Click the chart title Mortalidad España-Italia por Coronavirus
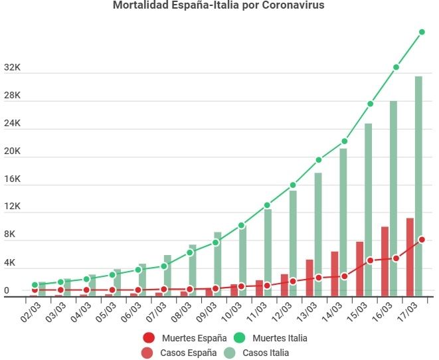point(219,6)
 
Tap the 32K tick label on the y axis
point(12,68)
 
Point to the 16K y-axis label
point(12,179)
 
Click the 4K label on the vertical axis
point(9,263)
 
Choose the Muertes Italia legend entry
point(272,338)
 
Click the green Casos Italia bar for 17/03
point(418,186)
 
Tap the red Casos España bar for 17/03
point(410,256)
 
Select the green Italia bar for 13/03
point(318,232)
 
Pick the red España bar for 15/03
point(359,268)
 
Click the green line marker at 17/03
point(422,32)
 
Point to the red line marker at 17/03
point(422,240)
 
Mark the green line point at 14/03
point(345,141)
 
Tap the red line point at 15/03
point(370,260)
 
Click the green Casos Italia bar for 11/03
point(268,252)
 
